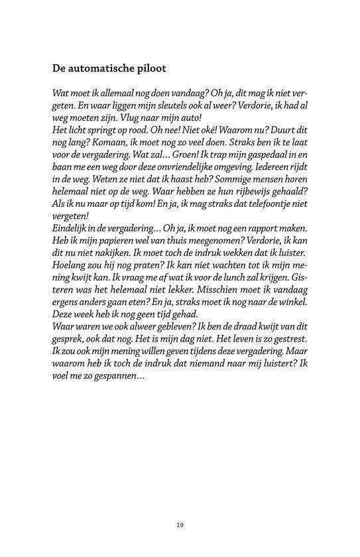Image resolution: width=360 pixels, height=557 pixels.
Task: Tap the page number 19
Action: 180,525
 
